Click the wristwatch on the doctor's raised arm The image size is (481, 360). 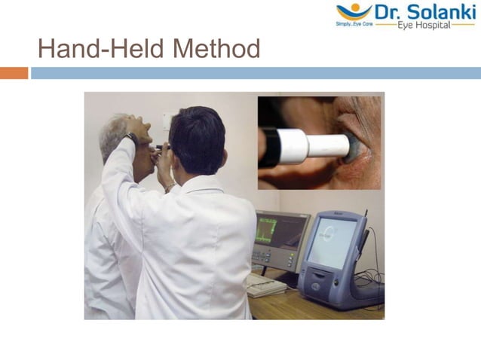pyautogui.click(x=133, y=139)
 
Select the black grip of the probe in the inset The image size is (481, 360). pyautogui.click(x=269, y=147)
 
